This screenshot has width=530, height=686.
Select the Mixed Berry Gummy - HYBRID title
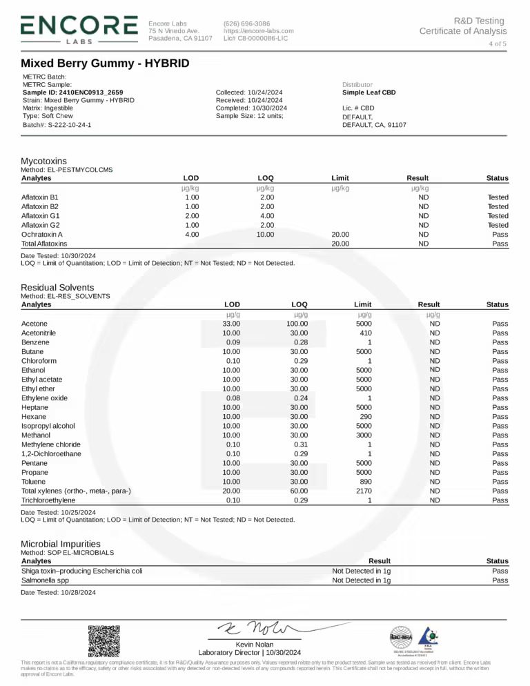coord(105,63)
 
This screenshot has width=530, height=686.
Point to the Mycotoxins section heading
coord(48,160)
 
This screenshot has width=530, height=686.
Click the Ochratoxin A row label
coord(42,235)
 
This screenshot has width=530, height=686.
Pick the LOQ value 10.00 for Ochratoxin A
coord(265,235)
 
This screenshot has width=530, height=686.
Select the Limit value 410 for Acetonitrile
coord(363,333)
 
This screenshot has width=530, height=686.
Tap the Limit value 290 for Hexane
coord(363,417)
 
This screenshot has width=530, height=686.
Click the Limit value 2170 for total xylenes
coord(363,491)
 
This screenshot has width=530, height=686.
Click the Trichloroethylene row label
coord(48,500)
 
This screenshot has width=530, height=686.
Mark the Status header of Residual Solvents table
coord(497,304)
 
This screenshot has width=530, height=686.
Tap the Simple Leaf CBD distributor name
coord(369,92)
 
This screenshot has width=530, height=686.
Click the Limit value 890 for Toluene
coord(363,482)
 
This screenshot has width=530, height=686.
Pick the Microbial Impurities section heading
coord(61,544)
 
